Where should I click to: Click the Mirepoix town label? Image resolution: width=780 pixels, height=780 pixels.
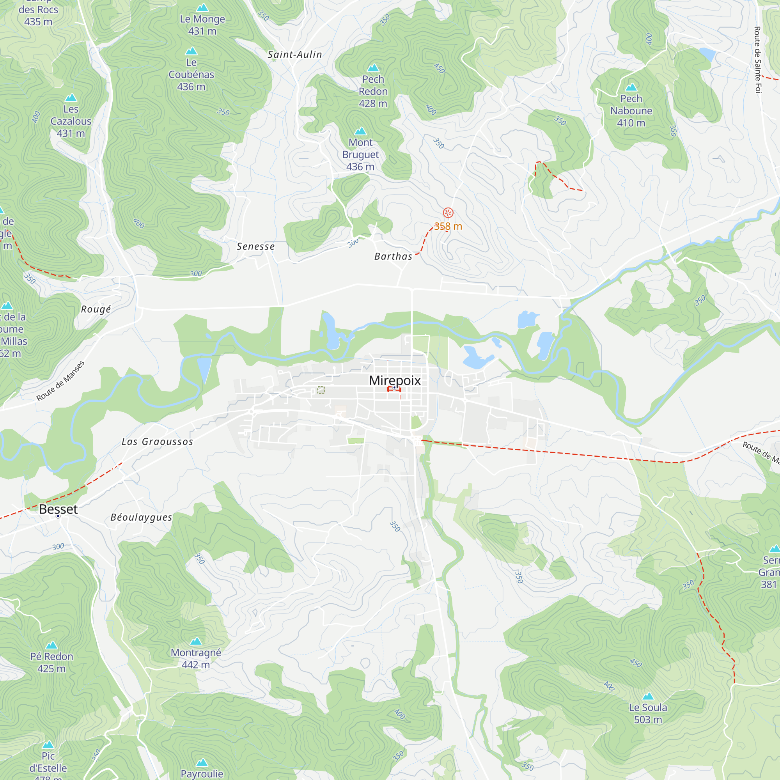point(394,380)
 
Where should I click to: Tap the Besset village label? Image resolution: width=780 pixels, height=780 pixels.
point(58,509)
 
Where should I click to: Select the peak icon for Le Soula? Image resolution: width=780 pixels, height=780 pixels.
point(647,696)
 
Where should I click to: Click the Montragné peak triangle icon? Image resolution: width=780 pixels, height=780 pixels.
point(196,641)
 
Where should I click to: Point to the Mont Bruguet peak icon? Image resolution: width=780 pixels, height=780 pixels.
point(360,131)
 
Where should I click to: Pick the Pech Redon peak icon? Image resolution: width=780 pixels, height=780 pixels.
point(373,68)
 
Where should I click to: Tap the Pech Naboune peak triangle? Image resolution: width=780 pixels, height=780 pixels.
point(631,87)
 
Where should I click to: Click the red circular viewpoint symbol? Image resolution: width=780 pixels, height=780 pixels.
point(448,213)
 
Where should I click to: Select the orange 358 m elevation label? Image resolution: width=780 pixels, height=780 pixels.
point(448,227)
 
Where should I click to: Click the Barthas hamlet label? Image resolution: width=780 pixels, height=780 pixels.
point(393,256)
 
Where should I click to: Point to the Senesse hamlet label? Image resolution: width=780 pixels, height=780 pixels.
point(255,246)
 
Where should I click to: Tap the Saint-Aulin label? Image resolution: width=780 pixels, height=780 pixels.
point(295,55)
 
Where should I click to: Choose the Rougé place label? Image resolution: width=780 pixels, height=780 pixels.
point(96,309)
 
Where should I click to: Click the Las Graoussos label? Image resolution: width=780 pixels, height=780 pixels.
point(158,442)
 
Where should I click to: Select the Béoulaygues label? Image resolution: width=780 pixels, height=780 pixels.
point(141,517)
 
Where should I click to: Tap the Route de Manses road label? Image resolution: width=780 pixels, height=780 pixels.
point(60,381)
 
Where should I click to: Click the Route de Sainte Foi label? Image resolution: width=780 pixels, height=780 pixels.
point(757,60)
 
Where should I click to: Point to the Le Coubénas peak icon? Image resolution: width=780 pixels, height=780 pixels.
point(191,51)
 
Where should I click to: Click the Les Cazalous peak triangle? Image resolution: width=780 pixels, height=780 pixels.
point(71,98)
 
